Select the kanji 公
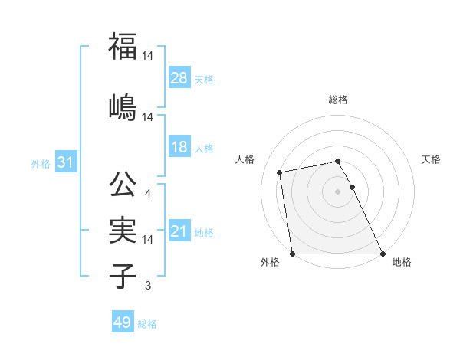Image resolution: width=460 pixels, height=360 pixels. pos(123,184)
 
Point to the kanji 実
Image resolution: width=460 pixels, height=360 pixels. pos(123,229)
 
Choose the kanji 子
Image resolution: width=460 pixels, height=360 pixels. pos(123,276)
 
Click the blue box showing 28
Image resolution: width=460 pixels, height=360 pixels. pos(179,78)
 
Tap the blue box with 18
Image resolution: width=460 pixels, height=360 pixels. pos(179,147)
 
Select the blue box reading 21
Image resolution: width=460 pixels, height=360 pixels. pos(179,231)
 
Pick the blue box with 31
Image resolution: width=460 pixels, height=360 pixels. pos(65,162)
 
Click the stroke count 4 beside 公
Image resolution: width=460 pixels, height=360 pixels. pos(147,194)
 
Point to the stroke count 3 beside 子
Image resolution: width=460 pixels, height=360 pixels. pos(147,286)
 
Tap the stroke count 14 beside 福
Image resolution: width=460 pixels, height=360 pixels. pos(148,57)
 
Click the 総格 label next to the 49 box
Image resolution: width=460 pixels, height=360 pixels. pos(147,324)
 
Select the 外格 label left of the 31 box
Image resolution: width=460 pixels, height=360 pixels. pos(41,163)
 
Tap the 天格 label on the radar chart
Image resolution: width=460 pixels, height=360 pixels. pos(432,159)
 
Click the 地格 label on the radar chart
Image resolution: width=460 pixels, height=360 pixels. pos(402,263)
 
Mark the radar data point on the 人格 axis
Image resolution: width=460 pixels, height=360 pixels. pos(281,172)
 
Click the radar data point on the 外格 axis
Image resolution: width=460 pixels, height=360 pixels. pos(292,254)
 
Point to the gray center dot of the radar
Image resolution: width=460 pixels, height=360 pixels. pos(337,191)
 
